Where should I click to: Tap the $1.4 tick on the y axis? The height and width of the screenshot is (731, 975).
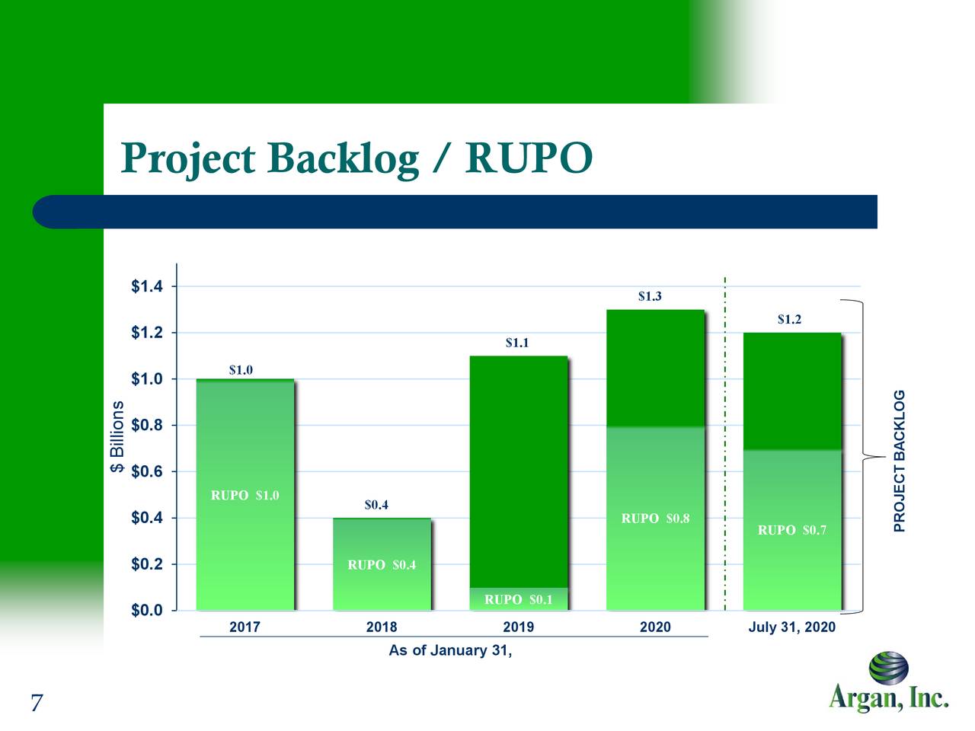146,287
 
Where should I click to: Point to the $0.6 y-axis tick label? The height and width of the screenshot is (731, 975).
146,472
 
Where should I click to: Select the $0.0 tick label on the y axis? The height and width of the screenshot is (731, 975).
146,611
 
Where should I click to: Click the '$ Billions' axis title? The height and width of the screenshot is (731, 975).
117,437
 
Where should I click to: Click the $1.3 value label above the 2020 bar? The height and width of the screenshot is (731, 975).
650,296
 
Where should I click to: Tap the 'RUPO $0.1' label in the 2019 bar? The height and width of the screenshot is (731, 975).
519,599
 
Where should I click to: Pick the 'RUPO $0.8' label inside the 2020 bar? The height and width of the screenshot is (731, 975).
655,519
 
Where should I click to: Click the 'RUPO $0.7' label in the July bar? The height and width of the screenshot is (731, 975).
792,530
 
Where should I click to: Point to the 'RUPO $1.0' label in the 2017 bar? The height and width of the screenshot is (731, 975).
245,496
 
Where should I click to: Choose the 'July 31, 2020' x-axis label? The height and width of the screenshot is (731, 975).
791,627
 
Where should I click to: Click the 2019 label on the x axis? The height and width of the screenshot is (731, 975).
518,627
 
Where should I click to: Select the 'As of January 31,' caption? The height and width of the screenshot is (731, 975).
450,650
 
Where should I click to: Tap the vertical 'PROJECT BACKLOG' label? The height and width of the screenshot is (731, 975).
900,461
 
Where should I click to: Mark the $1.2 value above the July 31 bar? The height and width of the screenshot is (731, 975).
789,320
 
